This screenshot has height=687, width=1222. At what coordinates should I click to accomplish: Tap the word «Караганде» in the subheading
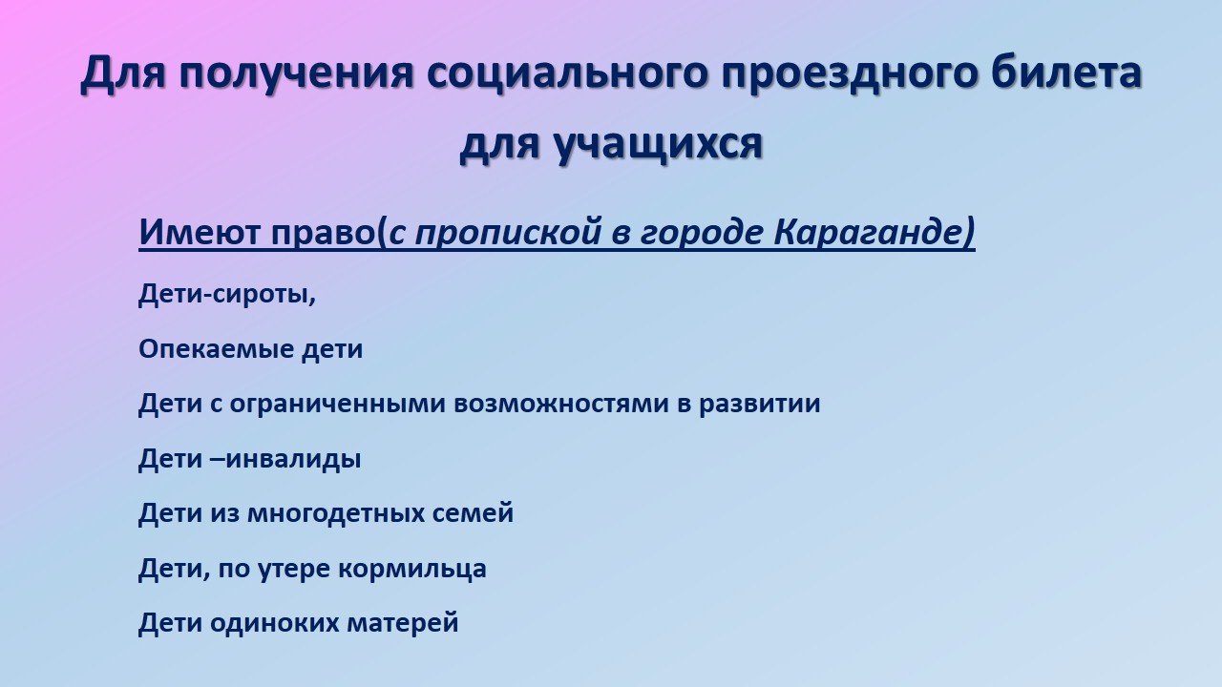click(x=869, y=233)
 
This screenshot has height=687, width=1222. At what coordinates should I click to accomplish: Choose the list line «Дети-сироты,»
click(x=227, y=295)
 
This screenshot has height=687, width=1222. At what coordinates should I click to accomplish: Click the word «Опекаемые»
click(x=216, y=349)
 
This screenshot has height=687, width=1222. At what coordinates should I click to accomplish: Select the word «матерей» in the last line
click(x=403, y=623)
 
